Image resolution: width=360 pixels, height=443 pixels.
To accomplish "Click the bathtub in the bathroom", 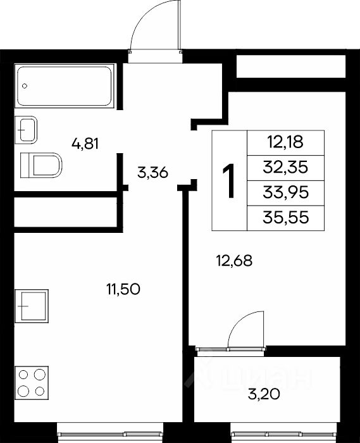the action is [65, 86].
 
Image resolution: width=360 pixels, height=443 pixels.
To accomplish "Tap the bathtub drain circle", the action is [25, 86].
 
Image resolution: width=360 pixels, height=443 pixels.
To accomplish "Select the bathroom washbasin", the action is [26, 130].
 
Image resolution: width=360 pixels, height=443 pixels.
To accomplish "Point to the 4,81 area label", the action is [85, 144].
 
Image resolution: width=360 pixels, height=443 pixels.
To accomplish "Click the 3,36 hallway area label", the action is [152, 172].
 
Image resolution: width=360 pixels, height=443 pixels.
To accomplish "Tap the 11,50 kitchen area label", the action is [123, 289].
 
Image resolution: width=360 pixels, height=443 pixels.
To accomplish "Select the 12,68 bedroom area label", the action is [234, 261].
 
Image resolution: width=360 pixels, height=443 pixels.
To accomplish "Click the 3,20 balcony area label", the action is [264, 394].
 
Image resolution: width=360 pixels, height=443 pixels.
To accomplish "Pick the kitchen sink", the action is [32, 306].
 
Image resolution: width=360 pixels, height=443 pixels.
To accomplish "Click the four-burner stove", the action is [32, 383].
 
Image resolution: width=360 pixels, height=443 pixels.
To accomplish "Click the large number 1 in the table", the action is [228, 181].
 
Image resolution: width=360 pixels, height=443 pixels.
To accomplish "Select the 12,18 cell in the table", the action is [285, 142].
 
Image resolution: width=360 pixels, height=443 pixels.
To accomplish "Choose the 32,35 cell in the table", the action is [285, 168].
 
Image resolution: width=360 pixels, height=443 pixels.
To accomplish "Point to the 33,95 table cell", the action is [285, 193].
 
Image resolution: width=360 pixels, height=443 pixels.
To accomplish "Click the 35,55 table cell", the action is [285, 218].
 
